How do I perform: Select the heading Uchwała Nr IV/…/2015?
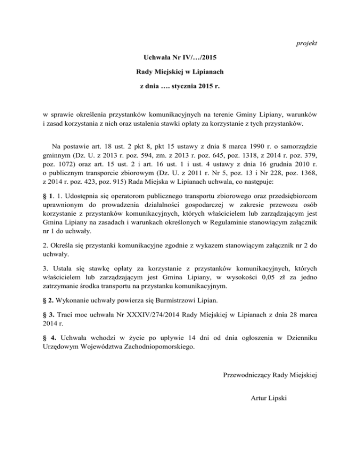click(x=180, y=59)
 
